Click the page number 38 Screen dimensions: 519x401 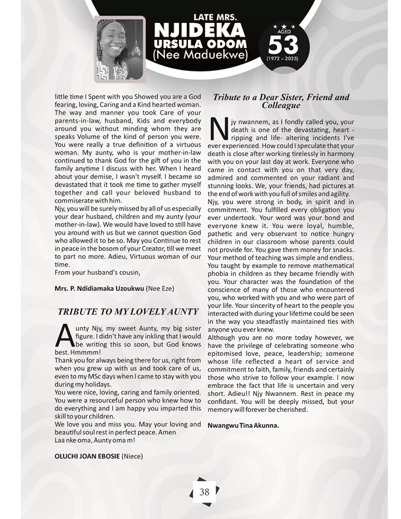[x=204, y=491]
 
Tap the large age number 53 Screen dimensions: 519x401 [x=283, y=44]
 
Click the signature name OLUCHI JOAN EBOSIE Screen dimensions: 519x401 [x=86, y=454]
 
